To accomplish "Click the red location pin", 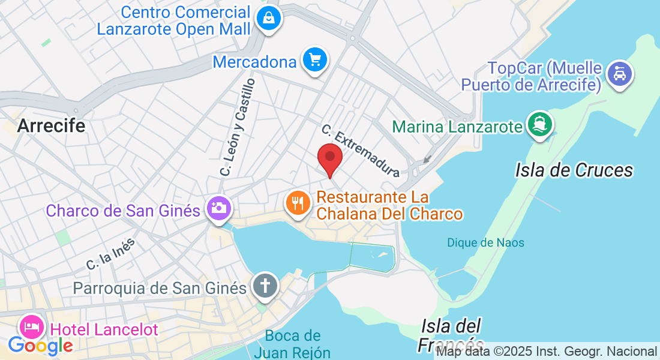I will tap(329, 158).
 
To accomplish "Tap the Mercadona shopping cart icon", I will tap(314, 60).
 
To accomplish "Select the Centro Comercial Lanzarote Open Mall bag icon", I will tap(269, 18).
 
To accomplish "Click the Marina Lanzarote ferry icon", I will tap(539, 124).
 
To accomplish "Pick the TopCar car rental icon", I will tap(620, 74).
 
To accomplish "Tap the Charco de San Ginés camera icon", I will tap(218, 208).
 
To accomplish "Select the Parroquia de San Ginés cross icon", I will tap(265, 286).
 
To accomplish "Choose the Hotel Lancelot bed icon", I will tap(32, 327).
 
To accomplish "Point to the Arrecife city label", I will tap(51, 125).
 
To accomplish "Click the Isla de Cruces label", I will tap(574, 170).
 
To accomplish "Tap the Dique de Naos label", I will tap(485, 243).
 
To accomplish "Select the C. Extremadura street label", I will tap(360, 151).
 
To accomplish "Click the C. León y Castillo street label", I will tap(238, 127).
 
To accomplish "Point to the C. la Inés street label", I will tap(110, 254).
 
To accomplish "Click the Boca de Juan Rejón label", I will tap(292, 344).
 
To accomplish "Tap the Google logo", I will tap(40, 346).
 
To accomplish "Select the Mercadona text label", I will tap(255, 62).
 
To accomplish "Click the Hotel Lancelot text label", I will tap(104, 329).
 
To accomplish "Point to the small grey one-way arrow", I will tap(427, 160).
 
